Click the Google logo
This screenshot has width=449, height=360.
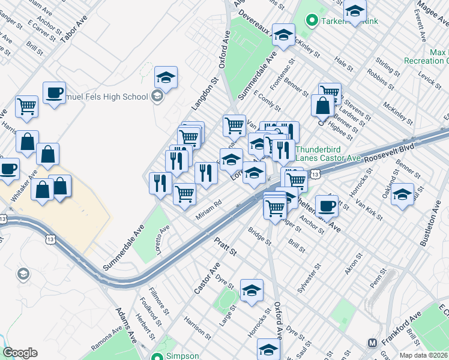pyautogui.click(x=20, y=353)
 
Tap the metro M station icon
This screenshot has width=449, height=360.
pyautogui.click(x=372, y=343)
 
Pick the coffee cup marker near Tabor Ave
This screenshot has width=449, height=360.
pyautogui.click(x=54, y=92)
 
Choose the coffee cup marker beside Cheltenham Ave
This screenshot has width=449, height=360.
pyautogui.click(x=327, y=205)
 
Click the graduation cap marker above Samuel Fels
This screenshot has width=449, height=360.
pyautogui.click(x=166, y=77)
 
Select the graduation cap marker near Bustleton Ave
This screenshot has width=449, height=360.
pyautogui.click(x=402, y=194)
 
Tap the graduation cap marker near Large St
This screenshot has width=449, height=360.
pyautogui.click(x=252, y=290)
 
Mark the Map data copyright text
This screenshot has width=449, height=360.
pyautogui.click(x=424, y=355)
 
